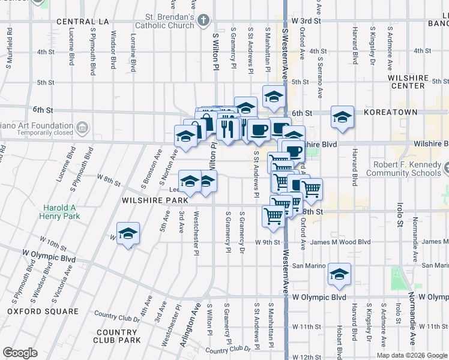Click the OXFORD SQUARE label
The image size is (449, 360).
tap(43, 311)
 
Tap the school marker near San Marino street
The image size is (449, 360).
tap(339, 274)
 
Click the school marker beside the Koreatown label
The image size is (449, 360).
tap(342, 116)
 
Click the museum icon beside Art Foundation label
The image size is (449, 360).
tap(82, 127)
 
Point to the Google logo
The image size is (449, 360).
tap(20, 353)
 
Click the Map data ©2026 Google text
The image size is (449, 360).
tap(412, 355)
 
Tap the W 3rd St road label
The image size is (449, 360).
tap(308, 20)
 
